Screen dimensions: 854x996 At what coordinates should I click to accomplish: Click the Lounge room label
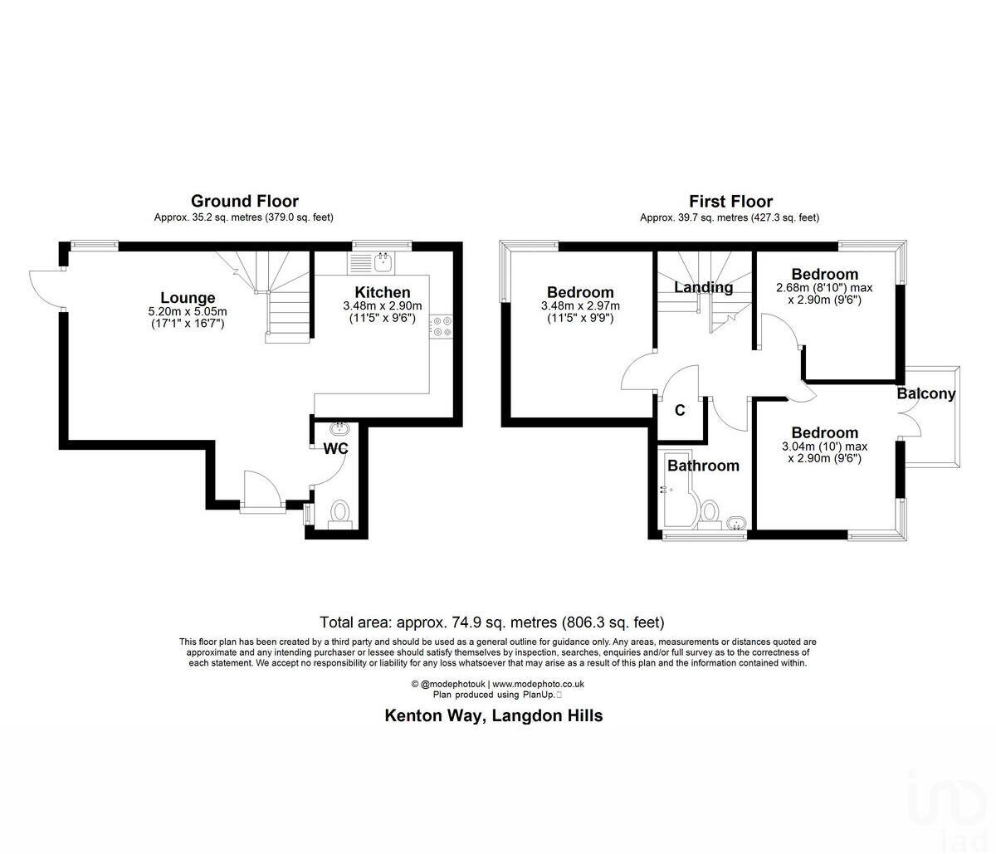click(x=188, y=298)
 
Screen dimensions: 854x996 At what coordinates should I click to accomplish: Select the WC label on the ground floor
click(x=335, y=448)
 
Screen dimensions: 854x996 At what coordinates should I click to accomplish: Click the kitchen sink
click(x=383, y=262)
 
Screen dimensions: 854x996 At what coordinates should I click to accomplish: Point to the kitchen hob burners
click(x=440, y=326)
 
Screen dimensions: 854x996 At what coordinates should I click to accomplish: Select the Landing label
click(x=703, y=287)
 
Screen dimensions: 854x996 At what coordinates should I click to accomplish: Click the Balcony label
click(x=926, y=393)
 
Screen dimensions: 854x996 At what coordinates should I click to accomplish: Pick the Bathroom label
click(x=703, y=466)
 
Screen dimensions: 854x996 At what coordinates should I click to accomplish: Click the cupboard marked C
click(x=680, y=410)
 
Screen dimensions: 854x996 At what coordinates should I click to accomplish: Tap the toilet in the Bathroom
click(x=710, y=512)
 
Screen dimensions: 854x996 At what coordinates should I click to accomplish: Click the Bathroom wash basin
click(x=734, y=524)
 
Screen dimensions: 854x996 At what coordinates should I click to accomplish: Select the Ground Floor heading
click(x=244, y=201)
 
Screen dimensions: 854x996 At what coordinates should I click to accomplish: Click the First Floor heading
click(x=730, y=201)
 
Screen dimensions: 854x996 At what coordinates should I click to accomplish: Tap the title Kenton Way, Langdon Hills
click(x=493, y=715)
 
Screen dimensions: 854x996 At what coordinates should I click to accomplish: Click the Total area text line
click(x=492, y=622)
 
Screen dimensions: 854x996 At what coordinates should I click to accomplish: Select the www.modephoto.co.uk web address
click(x=539, y=684)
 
